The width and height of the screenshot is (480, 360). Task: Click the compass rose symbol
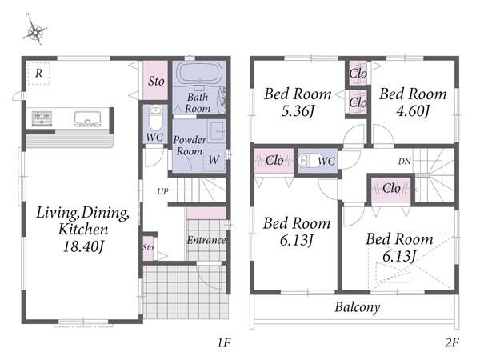[35, 30]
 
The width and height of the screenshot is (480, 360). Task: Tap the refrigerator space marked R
[38, 74]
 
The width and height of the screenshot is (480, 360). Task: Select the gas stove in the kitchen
[42, 118]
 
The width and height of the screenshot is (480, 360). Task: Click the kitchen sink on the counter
[87, 118]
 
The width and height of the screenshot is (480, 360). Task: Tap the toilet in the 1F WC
[155, 118]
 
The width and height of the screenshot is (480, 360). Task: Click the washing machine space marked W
[214, 160]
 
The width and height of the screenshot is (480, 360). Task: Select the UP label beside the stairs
[162, 192]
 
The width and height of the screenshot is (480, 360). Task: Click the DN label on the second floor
[404, 162]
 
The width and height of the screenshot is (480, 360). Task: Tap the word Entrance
[206, 240]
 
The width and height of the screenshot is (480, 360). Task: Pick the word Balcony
[358, 307]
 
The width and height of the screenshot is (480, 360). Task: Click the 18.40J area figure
[83, 246]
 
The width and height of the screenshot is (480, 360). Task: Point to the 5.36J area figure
[298, 111]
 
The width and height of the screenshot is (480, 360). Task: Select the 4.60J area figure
[413, 111]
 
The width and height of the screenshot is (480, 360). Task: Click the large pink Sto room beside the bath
[156, 80]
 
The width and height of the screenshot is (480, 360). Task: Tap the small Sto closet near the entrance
[148, 248]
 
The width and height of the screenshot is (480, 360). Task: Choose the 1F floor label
[224, 343]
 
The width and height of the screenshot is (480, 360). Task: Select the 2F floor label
[452, 342]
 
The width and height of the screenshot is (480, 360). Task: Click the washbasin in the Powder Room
[218, 131]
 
